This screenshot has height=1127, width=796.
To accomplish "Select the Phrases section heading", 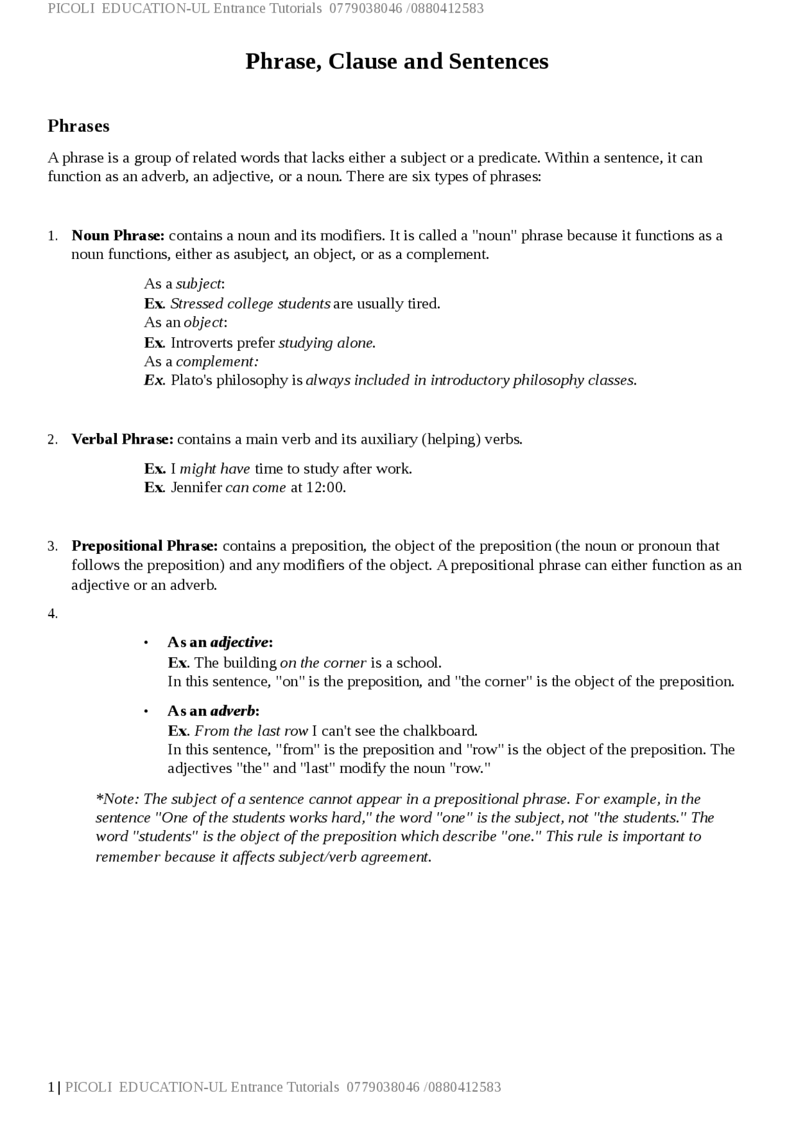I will [x=78, y=126].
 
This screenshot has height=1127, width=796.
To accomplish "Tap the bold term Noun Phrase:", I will [x=118, y=236].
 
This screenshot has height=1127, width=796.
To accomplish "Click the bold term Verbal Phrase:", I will [x=123, y=439].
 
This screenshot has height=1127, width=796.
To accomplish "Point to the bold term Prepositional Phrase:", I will [x=145, y=546].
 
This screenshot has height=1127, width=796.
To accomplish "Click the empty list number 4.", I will [x=53, y=614].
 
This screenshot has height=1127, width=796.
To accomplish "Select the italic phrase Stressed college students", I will [x=250, y=304].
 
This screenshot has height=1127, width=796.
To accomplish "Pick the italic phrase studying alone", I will [x=326, y=343].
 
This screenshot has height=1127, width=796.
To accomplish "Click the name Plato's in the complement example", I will [x=192, y=380].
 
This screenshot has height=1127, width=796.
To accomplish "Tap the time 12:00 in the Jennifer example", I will [x=325, y=487].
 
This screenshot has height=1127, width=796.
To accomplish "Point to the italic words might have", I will [x=215, y=469].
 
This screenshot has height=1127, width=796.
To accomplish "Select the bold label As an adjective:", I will [x=220, y=642].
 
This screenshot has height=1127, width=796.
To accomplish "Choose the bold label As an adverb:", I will [x=213, y=711].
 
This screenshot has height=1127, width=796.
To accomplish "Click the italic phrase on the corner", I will [x=323, y=663].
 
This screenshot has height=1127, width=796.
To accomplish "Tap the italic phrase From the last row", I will [x=251, y=731].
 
